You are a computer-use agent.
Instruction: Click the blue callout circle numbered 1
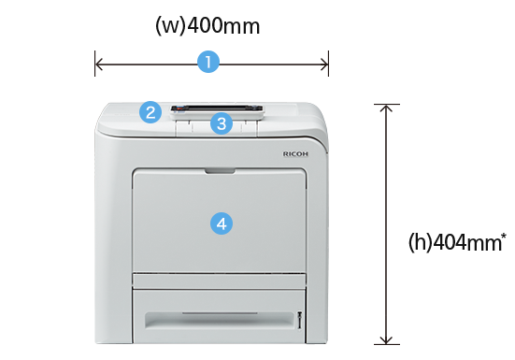click(x=208, y=62)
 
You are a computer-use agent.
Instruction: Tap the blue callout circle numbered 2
click(x=150, y=112)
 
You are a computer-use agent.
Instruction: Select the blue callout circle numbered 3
click(x=222, y=123)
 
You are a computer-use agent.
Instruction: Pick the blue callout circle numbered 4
click(x=222, y=223)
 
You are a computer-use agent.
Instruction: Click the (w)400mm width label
click(x=207, y=25)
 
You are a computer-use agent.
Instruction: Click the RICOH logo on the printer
click(x=295, y=153)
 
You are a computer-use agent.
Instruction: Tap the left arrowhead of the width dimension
click(x=98, y=64)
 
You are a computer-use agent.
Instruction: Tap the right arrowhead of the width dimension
click(x=324, y=64)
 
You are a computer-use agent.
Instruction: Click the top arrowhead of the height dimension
click(x=386, y=108)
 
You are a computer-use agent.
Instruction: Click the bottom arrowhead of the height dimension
click(x=386, y=340)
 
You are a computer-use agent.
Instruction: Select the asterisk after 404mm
click(x=504, y=236)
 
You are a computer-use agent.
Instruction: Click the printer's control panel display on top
click(x=217, y=108)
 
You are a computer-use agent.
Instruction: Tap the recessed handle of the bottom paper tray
click(x=219, y=320)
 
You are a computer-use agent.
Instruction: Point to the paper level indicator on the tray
click(x=299, y=320)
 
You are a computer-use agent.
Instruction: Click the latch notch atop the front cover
click(x=220, y=171)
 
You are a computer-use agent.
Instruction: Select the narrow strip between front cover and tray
click(x=219, y=281)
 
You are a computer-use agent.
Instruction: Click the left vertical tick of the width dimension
click(x=95, y=64)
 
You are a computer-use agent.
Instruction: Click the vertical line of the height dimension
click(x=386, y=224)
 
